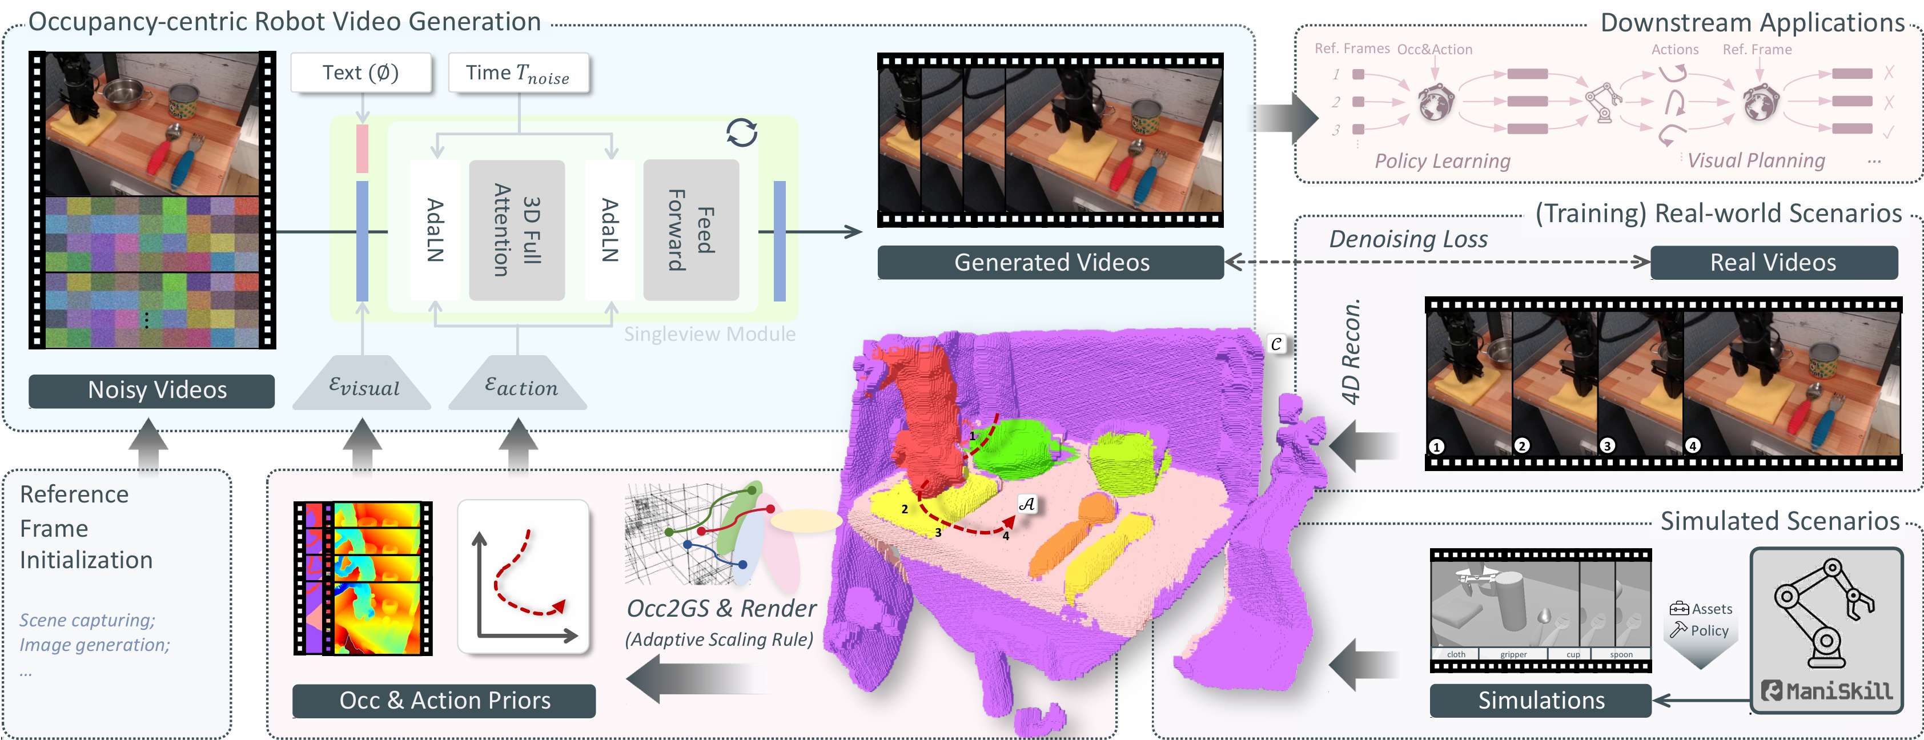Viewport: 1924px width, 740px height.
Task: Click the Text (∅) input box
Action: click(x=361, y=73)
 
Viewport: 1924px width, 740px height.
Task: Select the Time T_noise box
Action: click(x=519, y=73)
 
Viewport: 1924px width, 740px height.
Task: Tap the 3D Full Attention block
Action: click(x=517, y=230)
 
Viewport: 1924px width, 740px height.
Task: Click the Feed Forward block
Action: click(x=691, y=230)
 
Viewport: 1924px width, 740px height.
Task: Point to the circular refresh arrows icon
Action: click(x=742, y=133)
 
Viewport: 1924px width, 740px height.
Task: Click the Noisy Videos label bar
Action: click(x=151, y=391)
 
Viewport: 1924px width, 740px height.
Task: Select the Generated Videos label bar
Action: click(x=1050, y=263)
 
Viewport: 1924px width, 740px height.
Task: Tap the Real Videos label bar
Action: click(x=1773, y=263)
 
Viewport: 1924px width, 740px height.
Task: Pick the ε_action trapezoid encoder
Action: click(x=519, y=385)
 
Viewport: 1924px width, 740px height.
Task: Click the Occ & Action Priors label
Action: click(x=444, y=701)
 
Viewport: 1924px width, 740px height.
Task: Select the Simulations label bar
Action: click(x=1540, y=701)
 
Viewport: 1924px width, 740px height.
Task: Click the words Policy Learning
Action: click(x=1442, y=161)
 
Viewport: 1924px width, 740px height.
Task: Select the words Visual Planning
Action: click(x=1756, y=160)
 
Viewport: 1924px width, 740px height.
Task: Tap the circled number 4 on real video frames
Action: click(x=1693, y=446)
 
